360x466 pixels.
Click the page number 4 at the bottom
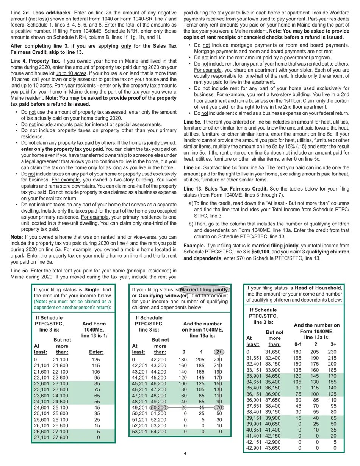coord(185,453)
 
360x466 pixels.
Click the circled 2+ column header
coord(219,352)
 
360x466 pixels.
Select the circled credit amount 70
coord(219,408)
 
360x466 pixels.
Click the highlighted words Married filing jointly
coord(204,289)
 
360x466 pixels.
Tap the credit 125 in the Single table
coord(96,360)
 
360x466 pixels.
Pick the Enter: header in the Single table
coord(96,352)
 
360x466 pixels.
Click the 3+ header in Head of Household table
coord(333,344)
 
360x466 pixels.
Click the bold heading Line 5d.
coord(192,167)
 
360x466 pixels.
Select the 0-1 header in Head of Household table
coord(298,344)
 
